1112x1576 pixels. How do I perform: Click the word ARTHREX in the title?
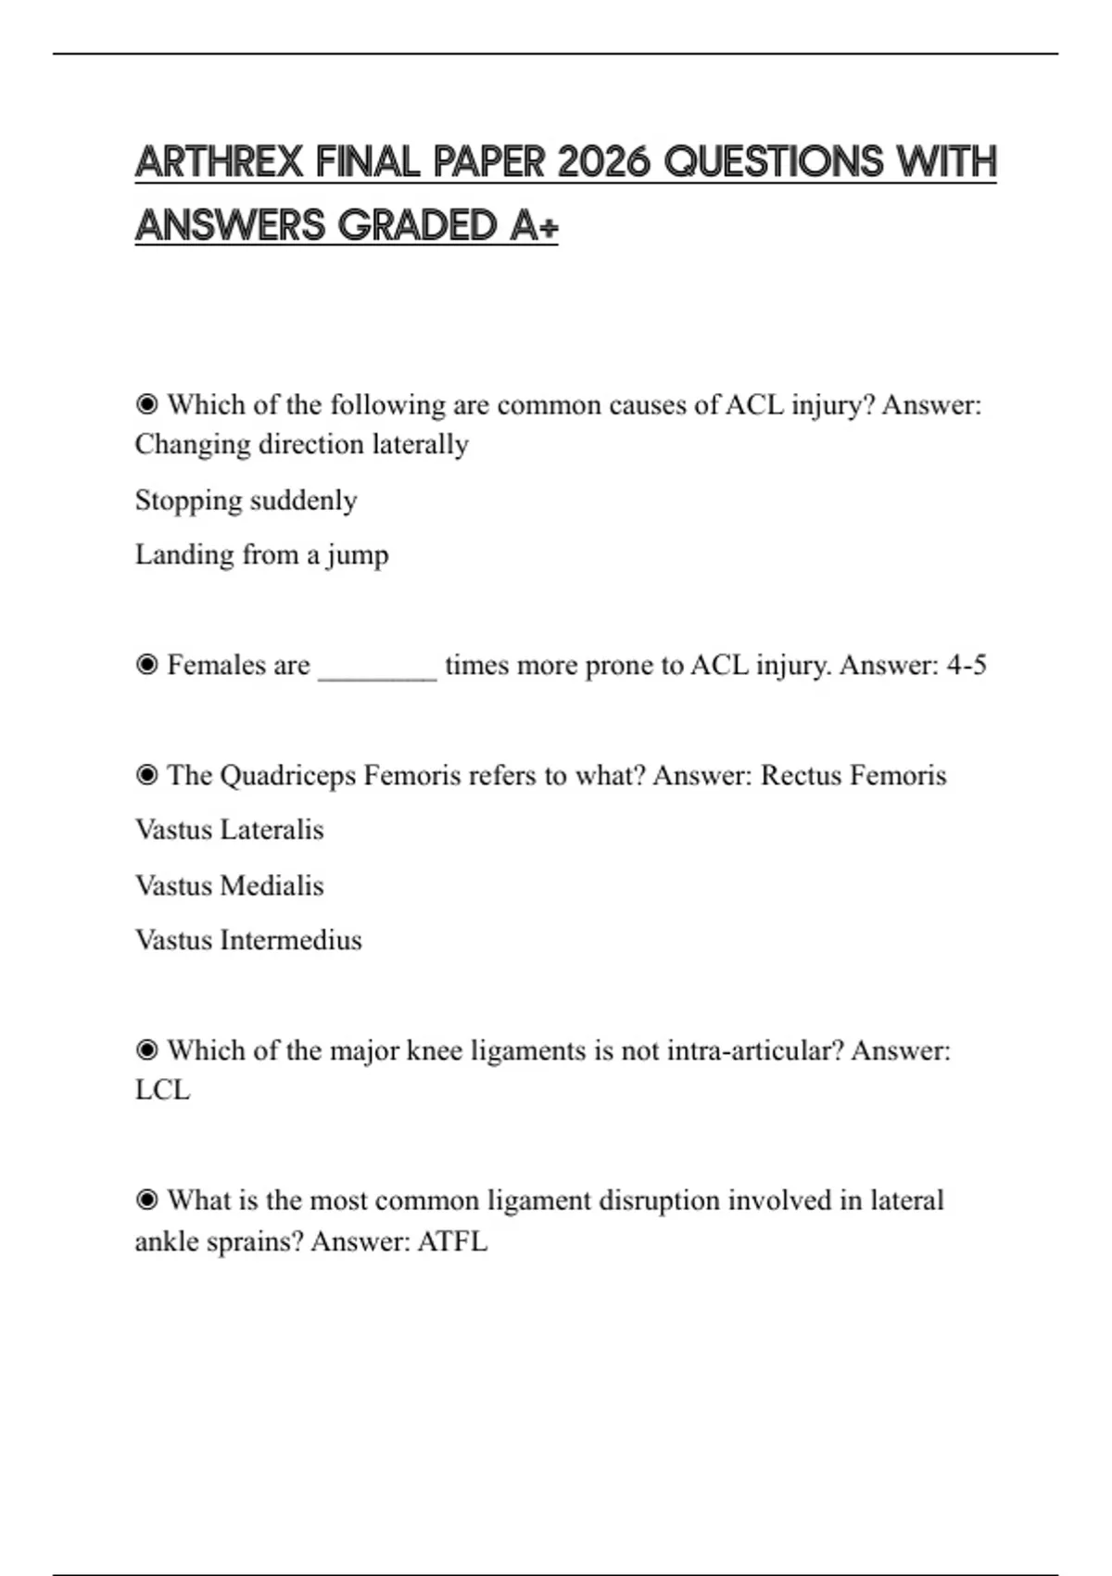coord(219,162)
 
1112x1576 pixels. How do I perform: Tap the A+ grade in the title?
coord(534,225)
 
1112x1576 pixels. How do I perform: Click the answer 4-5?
coord(967,665)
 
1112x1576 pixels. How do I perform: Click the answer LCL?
coord(162,1090)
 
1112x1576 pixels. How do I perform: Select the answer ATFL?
coord(452,1241)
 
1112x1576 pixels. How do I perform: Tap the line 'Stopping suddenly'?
coord(246,501)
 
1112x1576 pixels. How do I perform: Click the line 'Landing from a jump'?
coord(261,554)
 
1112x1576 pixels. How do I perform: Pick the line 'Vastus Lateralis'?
coord(229,830)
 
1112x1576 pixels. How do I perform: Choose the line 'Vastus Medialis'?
coord(229,885)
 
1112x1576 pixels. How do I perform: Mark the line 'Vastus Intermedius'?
coord(248,940)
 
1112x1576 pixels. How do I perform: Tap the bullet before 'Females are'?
coord(146,665)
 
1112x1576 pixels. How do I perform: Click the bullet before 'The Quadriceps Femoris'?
coord(146,775)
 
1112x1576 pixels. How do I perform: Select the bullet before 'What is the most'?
coord(146,1201)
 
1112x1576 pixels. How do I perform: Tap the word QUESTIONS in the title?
coord(775,162)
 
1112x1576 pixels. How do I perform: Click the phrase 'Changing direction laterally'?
coord(301,444)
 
